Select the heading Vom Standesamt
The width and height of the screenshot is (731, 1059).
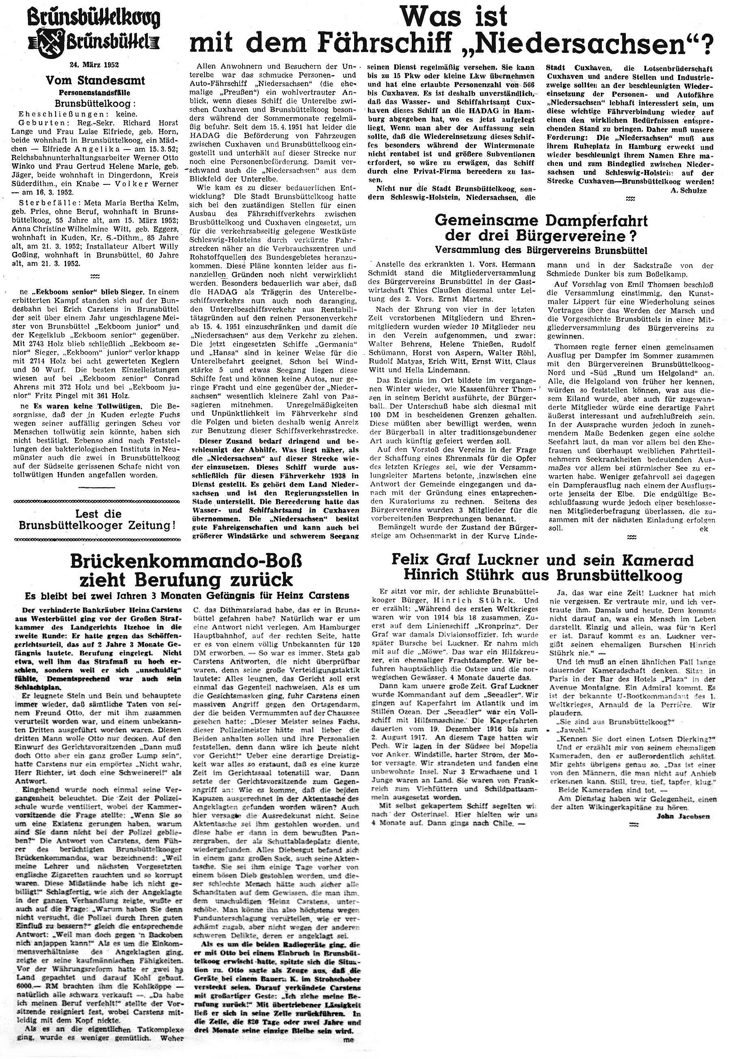click(x=95, y=80)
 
